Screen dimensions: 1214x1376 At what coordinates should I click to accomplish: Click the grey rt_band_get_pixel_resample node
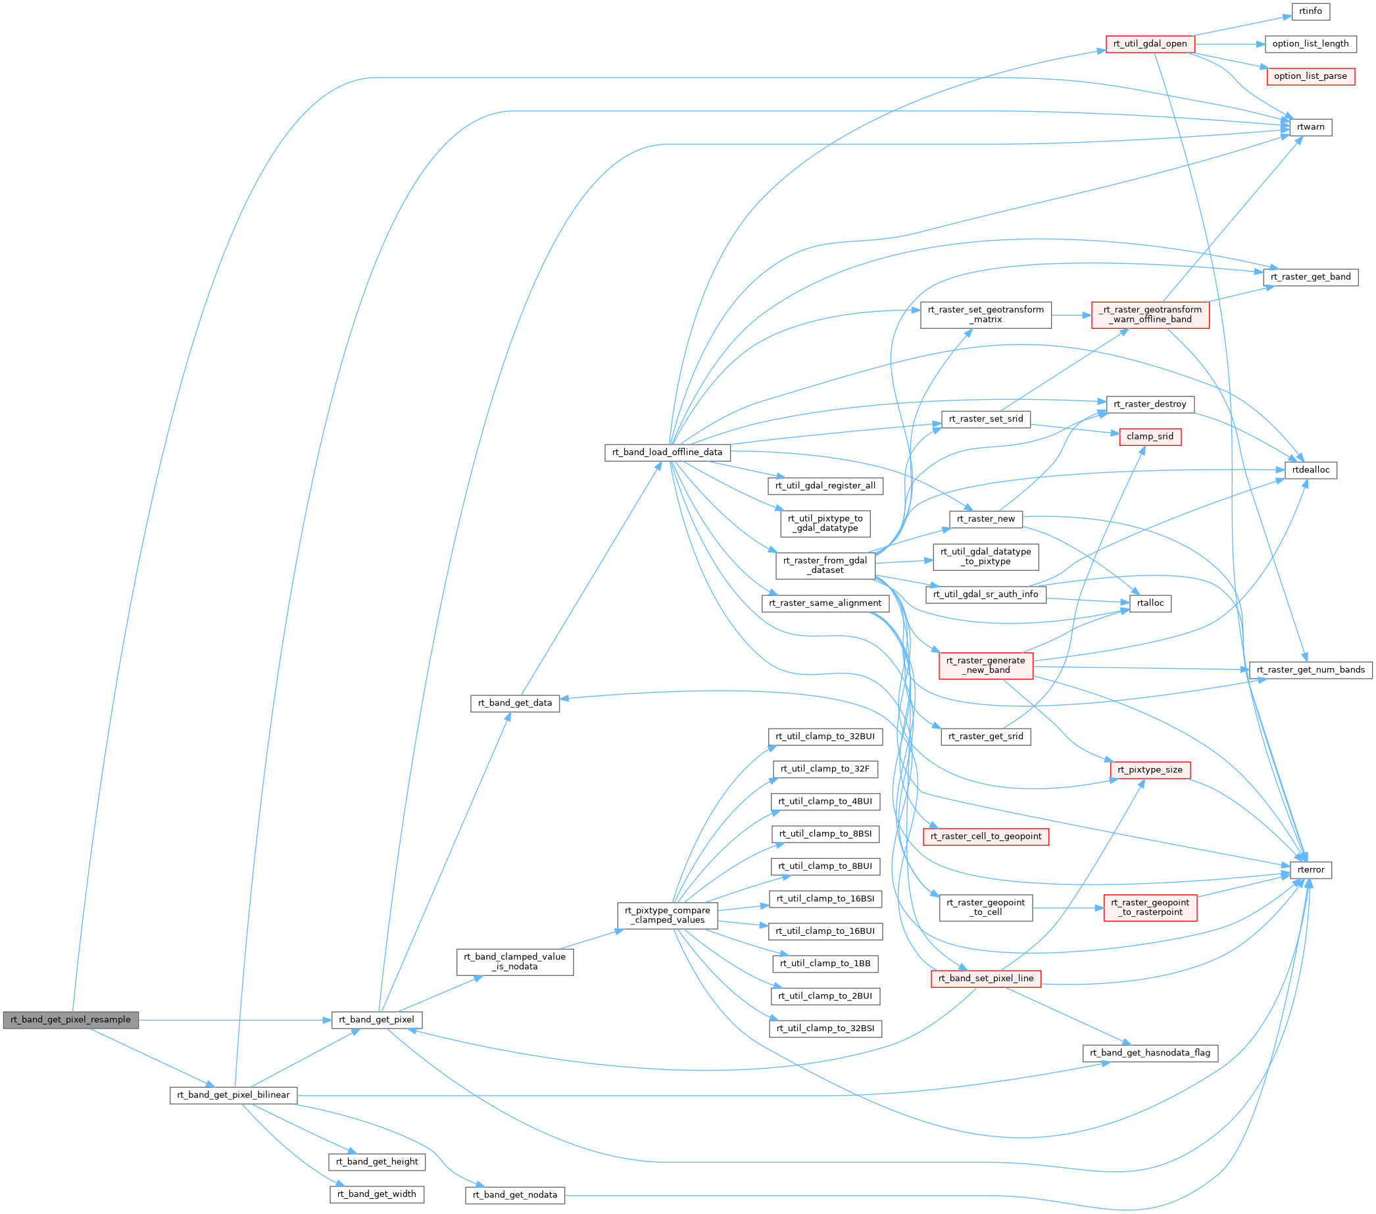pyautogui.click(x=70, y=1019)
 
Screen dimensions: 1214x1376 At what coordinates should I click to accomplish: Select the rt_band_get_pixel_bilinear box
pyautogui.click(x=233, y=1095)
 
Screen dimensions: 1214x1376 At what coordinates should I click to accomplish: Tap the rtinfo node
pyautogui.click(x=1310, y=11)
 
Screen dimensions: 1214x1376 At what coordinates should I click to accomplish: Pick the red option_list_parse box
pyautogui.click(x=1310, y=76)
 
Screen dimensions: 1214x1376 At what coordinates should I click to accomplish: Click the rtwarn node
pyautogui.click(x=1310, y=127)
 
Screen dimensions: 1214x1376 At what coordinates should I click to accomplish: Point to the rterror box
pyautogui.click(x=1310, y=870)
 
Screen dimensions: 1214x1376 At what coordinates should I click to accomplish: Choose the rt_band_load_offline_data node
pyautogui.click(x=667, y=452)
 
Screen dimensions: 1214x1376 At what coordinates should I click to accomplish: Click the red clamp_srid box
pyautogui.click(x=1150, y=437)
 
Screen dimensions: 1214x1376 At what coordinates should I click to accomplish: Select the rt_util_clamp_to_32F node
pyautogui.click(x=825, y=769)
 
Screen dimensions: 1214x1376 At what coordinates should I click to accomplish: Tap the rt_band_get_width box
pyautogui.click(x=376, y=1194)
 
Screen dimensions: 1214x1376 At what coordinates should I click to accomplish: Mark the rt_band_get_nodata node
pyautogui.click(x=515, y=1194)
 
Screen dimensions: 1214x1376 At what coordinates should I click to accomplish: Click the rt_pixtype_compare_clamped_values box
pyautogui.click(x=667, y=915)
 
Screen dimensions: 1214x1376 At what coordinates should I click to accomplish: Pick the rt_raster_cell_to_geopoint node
pyautogui.click(x=985, y=837)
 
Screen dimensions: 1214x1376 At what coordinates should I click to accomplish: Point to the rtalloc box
pyautogui.click(x=1150, y=603)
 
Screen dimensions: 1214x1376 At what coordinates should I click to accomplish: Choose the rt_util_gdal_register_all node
pyautogui.click(x=825, y=485)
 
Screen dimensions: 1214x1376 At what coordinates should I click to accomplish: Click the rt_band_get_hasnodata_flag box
pyautogui.click(x=1150, y=1052)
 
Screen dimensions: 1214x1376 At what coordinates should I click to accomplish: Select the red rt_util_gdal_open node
pyautogui.click(x=1150, y=44)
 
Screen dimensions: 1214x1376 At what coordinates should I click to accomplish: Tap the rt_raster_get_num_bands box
pyautogui.click(x=1310, y=669)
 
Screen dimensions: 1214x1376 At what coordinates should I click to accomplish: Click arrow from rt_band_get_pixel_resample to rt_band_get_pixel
pyautogui.click(x=235, y=1019)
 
